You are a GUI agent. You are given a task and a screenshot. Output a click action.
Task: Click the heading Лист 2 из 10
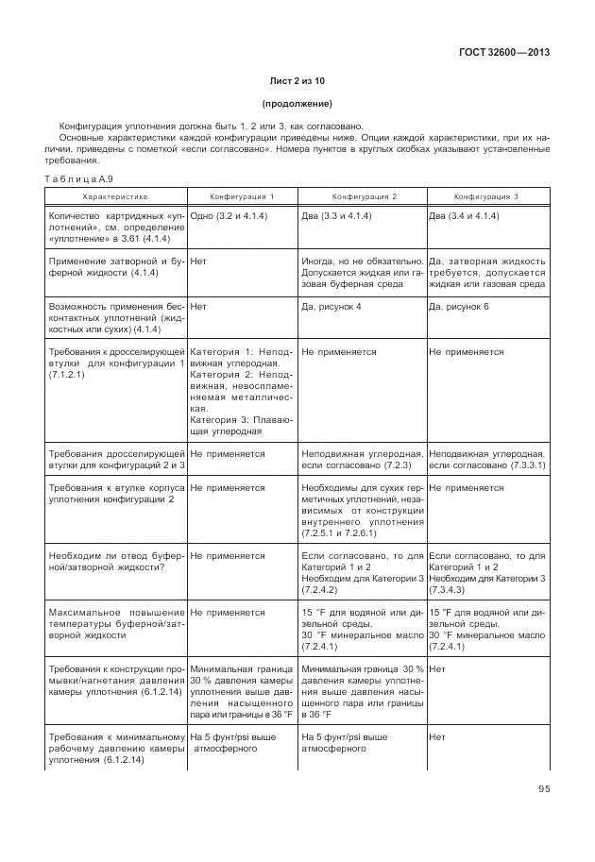(297, 81)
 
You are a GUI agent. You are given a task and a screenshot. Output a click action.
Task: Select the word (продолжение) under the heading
(297, 104)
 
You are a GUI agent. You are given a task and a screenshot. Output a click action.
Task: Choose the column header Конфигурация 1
(242, 196)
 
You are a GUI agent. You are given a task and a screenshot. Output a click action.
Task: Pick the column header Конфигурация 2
(363, 196)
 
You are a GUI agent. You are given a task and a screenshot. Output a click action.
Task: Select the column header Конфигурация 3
(486, 196)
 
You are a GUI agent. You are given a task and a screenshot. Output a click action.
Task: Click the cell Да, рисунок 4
(331, 307)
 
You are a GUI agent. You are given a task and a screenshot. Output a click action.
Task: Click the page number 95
(543, 789)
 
